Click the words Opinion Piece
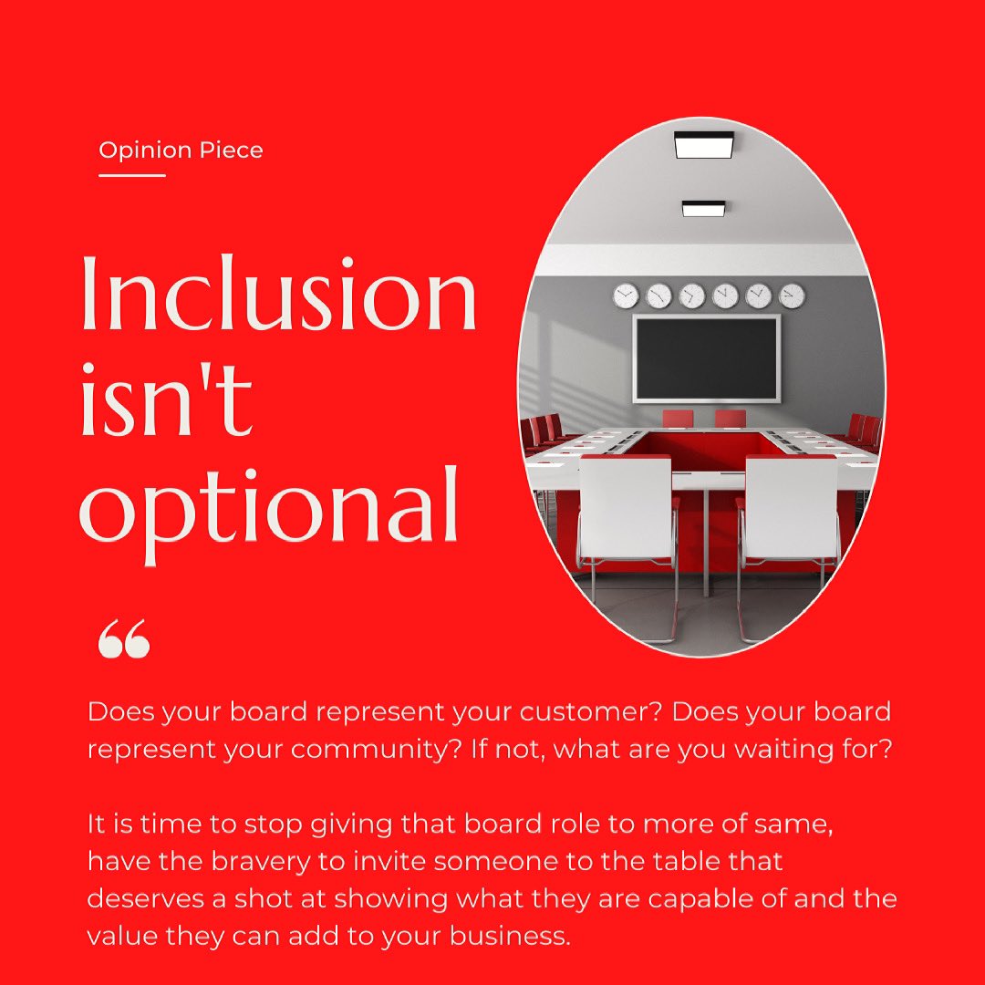point(181,150)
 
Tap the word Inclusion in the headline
point(278,294)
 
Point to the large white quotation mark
point(123,640)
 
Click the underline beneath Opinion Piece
point(131,175)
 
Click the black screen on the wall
point(707,358)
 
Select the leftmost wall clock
point(626,295)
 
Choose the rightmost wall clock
point(792,295)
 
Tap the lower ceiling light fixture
point(703,209)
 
